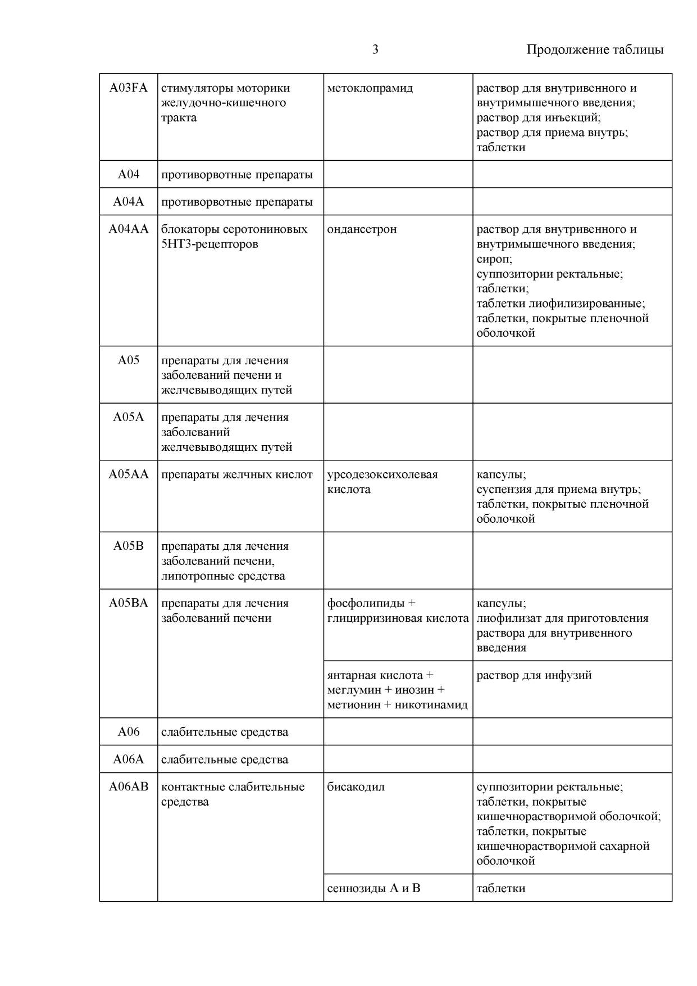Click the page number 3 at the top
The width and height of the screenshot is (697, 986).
[x=375, y=49]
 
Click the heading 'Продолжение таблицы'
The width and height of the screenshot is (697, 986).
[x=595, y=49]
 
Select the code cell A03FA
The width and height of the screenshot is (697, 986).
[x=128, y=88]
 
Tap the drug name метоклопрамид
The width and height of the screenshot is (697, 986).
[x=370, y=88]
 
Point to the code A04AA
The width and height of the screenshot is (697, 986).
[x=128, y=229]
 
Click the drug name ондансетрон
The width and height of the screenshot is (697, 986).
[x=362, y=229]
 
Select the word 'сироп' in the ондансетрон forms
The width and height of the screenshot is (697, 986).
[x=493, y=259]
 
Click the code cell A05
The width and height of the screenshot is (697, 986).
[x=128, y=360]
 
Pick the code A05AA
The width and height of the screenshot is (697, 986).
[x=128, y=474]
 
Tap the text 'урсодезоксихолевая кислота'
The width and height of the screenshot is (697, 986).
[x=382, y=482]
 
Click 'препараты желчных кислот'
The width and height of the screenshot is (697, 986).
[x=236, y=474]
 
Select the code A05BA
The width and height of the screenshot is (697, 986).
[x=128, y=603]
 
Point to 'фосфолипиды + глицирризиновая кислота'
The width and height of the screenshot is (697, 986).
[x=397, y=610]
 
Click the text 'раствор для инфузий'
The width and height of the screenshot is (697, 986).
[x=534, y=675]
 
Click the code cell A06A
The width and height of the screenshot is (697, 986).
[x=128, y=759]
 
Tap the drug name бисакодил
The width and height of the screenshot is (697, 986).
[x=356, y=786]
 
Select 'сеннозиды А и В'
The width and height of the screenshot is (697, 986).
[x=373, y=888]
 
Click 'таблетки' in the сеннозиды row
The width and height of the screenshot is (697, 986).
[x=500, y=888]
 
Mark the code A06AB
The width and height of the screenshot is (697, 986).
[x=128, y=786]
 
